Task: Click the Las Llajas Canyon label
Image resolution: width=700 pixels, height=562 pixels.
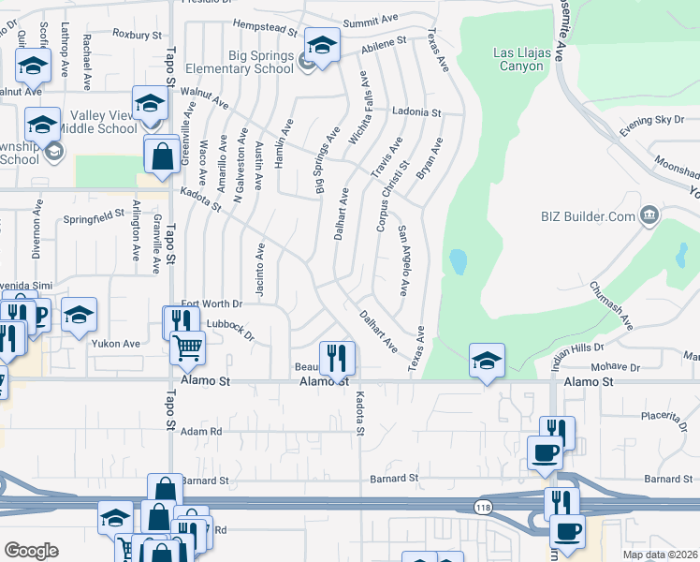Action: pos(530,59)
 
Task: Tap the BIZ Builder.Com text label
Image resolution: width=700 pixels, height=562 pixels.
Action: pos(589,217)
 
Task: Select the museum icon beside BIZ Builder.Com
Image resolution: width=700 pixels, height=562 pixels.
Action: pos(649,217)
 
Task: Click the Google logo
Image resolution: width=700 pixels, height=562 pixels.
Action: pos(31,551)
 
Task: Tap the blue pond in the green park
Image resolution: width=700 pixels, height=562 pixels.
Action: pos(458,261)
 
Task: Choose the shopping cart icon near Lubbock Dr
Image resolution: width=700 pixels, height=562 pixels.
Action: pos(187,348)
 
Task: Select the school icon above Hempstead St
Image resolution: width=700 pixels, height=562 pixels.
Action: pos(322,45)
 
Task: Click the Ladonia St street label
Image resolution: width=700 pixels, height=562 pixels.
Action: pos(416,112)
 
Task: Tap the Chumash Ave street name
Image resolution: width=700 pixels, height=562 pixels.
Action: pos(611,305)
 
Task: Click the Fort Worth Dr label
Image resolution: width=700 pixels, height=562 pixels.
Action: pos(211,303)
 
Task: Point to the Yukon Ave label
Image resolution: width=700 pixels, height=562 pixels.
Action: pos(115,344)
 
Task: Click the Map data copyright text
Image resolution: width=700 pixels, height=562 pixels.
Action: pos(660,555)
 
